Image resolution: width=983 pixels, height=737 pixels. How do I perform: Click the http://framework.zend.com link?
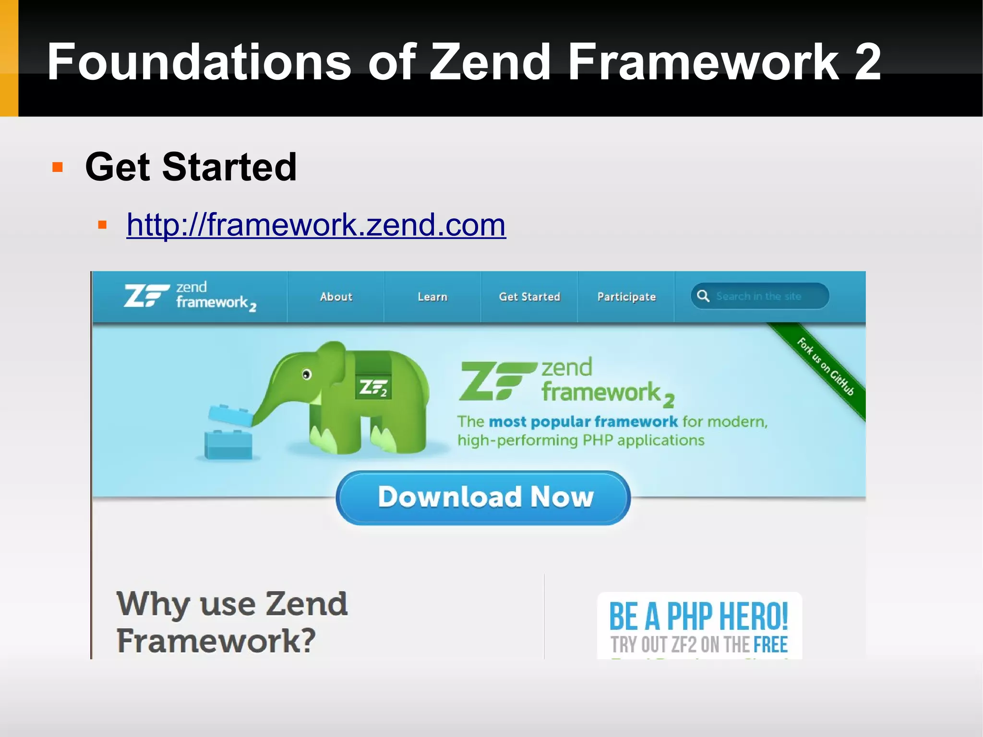(316, 224)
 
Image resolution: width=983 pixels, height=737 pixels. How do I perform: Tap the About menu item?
(336, 297)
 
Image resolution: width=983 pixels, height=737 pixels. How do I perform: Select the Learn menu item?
(432, 297)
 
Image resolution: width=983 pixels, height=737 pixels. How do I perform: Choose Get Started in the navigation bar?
(529, 297)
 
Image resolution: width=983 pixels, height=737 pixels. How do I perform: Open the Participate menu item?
(626, 297)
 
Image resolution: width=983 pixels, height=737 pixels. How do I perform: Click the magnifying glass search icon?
(703, 296)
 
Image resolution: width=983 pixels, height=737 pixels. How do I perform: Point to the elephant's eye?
(307, 375)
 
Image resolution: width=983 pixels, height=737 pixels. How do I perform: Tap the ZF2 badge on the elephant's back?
(373, 387)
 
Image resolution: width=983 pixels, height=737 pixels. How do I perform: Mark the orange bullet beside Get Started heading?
(58, 167)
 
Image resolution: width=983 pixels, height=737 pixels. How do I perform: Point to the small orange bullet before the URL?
(102, 225)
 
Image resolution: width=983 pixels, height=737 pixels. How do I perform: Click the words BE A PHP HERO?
(698, 616)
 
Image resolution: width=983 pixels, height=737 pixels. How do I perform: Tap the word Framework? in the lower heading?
(216, 641)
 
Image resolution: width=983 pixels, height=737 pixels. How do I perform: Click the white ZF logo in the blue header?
(146, 295)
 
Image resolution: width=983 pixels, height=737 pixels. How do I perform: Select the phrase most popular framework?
(583, 422)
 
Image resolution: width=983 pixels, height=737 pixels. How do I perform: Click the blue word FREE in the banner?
(770, 645)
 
